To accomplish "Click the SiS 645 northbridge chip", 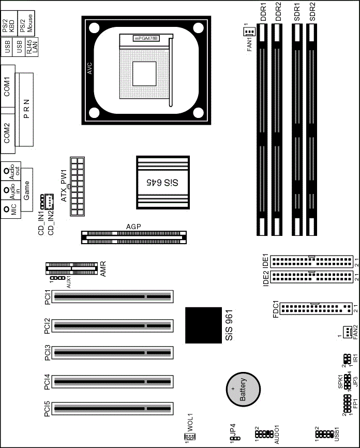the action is [163, 182].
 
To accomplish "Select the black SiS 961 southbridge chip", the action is [203, 325].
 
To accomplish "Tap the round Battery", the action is [243, 389].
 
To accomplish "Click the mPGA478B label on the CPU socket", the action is [146, 38].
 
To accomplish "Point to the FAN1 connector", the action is [249, 32].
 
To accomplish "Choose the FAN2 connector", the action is [348, 332].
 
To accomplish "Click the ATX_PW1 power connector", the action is [77, 186].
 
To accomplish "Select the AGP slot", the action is [134, 237].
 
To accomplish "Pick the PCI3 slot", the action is [113, 353].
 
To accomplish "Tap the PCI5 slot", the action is [113, 409].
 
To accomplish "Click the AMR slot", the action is [72, 268].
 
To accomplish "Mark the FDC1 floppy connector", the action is [316, 308].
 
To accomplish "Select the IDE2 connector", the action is [311, 277].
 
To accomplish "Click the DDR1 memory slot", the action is [262, 130].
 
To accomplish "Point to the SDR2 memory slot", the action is [311, 130].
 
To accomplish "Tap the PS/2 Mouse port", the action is [26, 24].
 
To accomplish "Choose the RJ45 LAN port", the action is [32, 47].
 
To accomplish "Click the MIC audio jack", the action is [10, 210].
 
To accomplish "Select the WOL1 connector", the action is [190, 436].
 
